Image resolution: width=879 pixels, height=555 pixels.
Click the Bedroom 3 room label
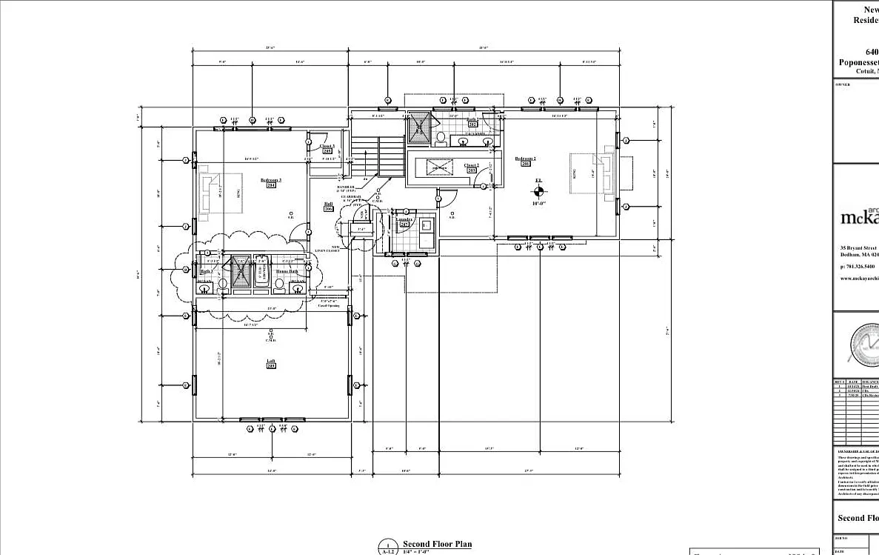pos(271,180)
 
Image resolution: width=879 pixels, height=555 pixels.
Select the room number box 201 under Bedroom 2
pos(525,164)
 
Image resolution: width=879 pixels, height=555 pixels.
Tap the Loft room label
pos(271,361)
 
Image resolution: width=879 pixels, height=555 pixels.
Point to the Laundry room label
pos(404,219)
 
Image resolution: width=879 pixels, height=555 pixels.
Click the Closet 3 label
pos(327,147)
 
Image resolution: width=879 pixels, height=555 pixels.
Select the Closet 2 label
pos(471,165)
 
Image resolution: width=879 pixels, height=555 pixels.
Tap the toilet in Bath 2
pos(440,137)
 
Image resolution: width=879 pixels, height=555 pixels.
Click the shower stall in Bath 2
pos(420,127)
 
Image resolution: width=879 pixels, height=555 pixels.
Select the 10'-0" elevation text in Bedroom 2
pos(538,202)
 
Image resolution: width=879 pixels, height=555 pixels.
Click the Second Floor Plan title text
pos(437,544)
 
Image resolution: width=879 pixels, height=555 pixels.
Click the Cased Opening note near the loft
pos(328,303)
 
